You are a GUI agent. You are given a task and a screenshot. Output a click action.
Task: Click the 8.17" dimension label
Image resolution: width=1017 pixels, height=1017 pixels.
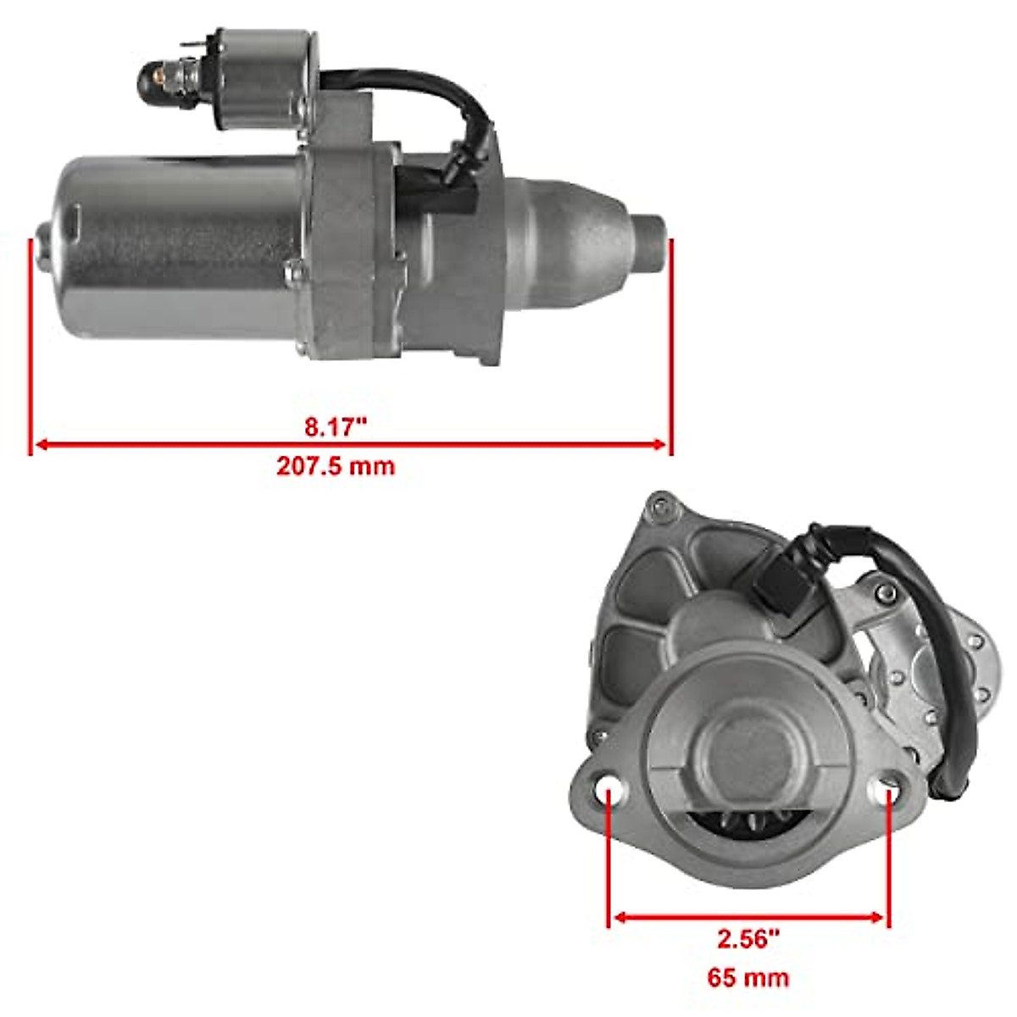pos(336,426)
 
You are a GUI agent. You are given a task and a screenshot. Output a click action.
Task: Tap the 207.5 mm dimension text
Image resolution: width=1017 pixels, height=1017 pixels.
pos(336,466)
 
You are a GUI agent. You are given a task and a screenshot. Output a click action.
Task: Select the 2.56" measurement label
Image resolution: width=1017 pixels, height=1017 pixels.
pos(748,938)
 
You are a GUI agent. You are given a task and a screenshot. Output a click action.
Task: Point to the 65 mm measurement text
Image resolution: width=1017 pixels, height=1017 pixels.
pos(748,977)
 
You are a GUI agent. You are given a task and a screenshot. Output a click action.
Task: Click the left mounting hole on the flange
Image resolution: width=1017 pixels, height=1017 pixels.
pos(609,791)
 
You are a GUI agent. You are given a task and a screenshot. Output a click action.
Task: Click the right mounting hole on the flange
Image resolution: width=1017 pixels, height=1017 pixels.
pos(887,790)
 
